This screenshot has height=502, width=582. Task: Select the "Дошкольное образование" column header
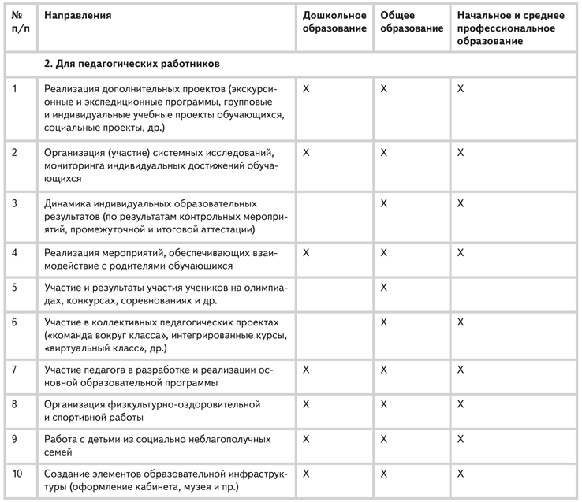[x=335, y=22]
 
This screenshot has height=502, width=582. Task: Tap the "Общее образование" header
[x=411, y=22]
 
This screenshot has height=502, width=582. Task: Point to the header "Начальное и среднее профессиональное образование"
[x=506, y=28]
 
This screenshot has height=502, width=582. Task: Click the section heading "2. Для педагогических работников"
[x=132, y=62]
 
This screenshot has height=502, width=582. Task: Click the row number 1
[x=14, y=88]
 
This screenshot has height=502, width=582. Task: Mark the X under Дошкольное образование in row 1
[x=307, y=89]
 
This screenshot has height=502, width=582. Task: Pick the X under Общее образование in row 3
[x=384, y=203]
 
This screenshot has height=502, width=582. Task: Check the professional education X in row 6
[x=461, y=322]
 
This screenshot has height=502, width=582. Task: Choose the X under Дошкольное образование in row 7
[x=307, y=369]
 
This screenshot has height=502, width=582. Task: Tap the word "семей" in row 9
[x=59, y=452]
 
